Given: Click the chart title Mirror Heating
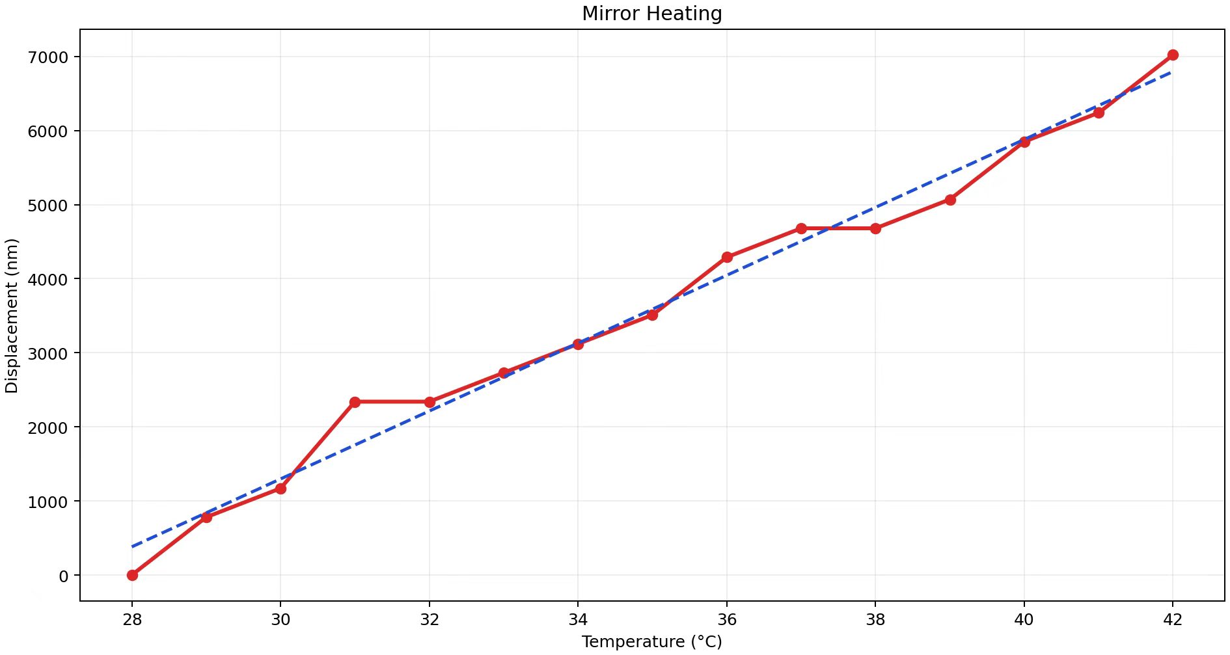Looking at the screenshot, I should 651,14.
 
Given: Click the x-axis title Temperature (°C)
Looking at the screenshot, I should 651,642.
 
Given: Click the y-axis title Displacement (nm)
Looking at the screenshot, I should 12,316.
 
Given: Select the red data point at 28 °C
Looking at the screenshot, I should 132,575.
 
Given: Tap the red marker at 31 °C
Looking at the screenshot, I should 355,402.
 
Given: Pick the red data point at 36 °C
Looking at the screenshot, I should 727,258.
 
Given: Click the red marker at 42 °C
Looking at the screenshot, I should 1173,55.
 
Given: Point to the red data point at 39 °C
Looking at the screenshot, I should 950,200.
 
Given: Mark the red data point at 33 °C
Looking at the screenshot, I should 504,373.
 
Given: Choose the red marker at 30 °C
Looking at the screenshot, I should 280,488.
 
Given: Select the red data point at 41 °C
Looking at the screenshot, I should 1099,113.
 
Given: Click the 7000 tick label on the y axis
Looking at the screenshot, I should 48,57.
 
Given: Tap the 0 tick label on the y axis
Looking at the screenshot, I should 63,576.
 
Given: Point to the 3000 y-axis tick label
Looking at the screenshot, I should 48,353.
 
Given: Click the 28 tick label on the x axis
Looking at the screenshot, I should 132,620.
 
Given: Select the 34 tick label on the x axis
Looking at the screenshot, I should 578,620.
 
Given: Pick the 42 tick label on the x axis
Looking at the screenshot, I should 1173,620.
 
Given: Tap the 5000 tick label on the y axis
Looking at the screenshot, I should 48,206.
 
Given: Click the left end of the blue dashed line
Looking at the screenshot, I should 133,546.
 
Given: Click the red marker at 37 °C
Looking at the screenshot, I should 801,228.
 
